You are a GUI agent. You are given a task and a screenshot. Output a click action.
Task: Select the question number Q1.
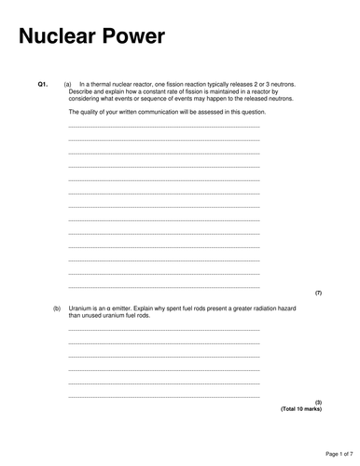[42, 84]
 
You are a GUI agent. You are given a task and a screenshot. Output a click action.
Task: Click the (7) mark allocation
[318, 293]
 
